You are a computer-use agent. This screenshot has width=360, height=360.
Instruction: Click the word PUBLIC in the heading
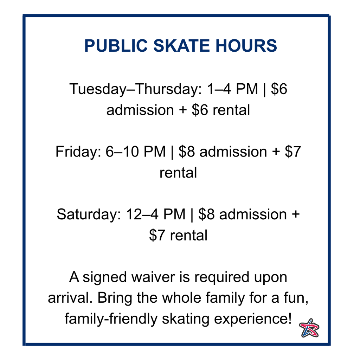[116, 45]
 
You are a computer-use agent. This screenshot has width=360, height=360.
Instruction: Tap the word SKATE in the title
[181, 45]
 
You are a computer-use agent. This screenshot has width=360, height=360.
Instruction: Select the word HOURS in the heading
[246, 45]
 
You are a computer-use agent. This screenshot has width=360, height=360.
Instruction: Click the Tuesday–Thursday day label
[135, 89]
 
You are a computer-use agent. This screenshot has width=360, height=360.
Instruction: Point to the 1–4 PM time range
[232, 89]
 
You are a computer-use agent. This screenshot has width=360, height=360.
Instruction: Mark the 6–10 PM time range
[135, 152]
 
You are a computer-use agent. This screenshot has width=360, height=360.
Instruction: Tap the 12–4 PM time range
[156, 214]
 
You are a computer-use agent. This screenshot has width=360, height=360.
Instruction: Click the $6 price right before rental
[200, 110]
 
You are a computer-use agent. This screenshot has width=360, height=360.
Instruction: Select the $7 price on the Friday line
[293, 152]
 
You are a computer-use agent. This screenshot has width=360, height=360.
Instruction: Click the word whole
[182, 298]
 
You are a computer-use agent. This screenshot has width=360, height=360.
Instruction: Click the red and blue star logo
[309, 328]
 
